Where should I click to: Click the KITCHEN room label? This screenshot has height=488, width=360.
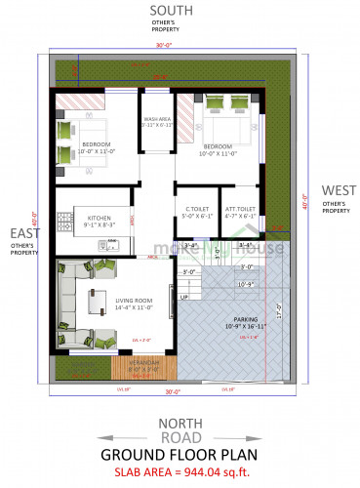click(98, 218)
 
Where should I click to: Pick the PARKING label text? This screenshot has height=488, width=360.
click(245, 318)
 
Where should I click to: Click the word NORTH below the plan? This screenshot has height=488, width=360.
click(180, 422)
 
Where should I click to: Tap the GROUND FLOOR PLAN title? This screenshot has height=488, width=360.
click(180, 455)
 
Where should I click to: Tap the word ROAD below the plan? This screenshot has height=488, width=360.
click(180, 438)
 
